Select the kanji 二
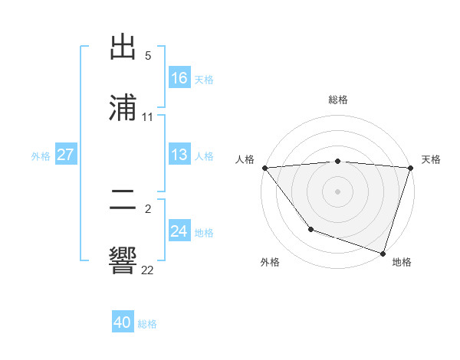[x=123, y=202]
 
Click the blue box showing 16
[x=179, y=78]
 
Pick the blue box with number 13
[x=179, y=155]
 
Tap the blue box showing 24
[x=179, y=231]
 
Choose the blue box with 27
[x=65, y=155]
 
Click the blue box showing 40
[x=123, y=322]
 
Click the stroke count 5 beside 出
[x=148, y=56]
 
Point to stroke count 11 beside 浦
[x=148, y=117]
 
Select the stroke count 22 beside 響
[x=148, y=270]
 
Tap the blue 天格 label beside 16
[x=204, y=79]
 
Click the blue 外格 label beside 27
[x=41, y=155]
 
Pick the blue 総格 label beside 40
[x=147, y=323]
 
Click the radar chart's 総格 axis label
[x=337, y=100]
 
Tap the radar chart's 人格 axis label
[x=245, y=159]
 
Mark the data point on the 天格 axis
[x=410, y=168]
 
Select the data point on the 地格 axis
[x=383, y=253]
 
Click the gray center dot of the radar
[x=337, y=191]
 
